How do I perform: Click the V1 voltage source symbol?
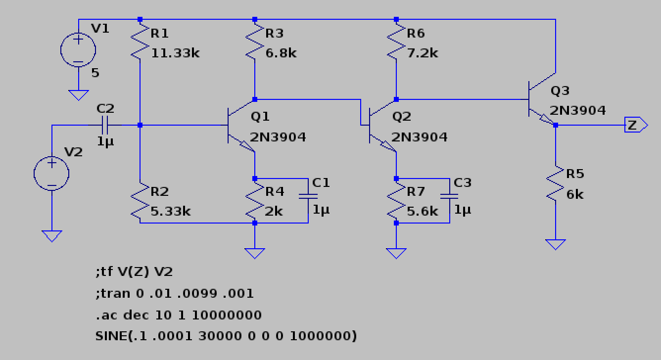78,50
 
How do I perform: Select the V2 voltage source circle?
51,174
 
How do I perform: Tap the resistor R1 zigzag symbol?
141,43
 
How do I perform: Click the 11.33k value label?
175,53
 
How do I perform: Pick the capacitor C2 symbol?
105,125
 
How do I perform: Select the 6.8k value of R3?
281,53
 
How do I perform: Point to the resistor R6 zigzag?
396,43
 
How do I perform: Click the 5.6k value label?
422,211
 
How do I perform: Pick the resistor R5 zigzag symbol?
556,183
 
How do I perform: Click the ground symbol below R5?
556,244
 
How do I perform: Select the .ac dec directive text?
178,315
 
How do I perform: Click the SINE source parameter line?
226,336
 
